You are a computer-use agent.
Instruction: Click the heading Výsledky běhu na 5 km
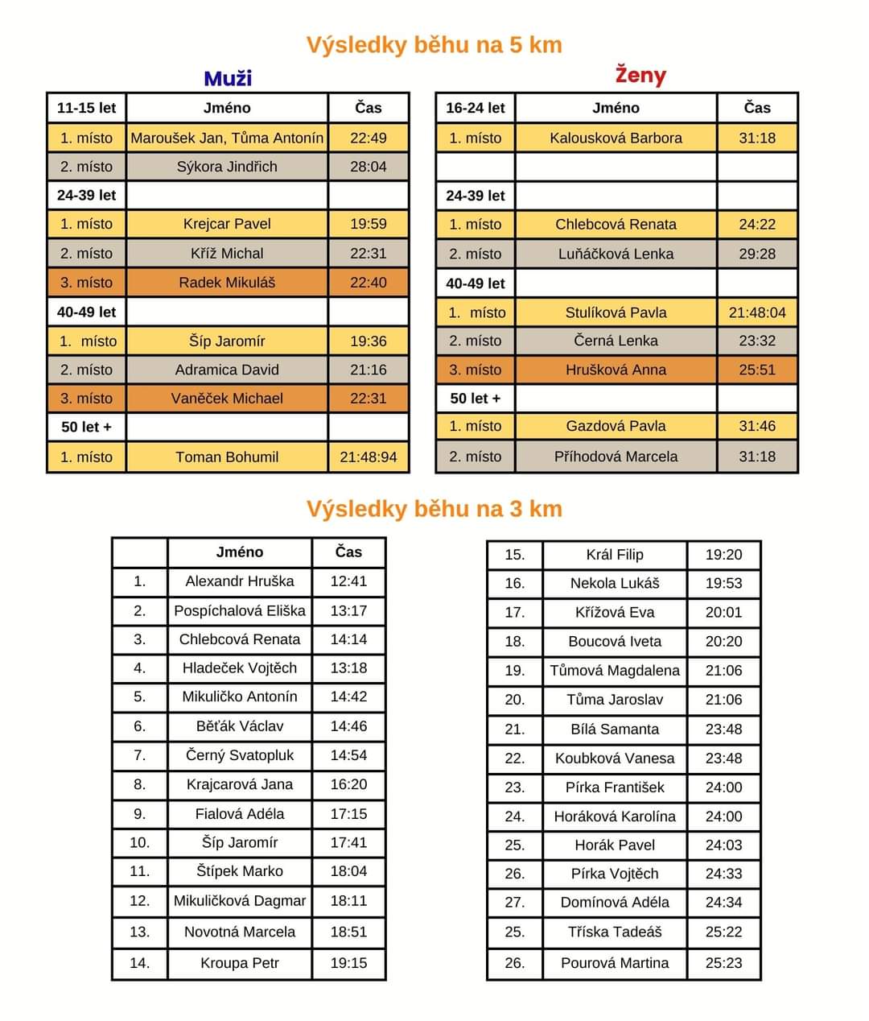[434, 44]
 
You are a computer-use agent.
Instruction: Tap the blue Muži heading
[228, 78]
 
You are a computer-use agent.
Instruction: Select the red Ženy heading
[640, 75]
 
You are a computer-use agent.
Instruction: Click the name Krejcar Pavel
[227, 224]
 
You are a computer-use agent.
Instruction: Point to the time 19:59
[368, 224]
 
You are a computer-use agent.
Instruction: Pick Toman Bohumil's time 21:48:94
[368, 457]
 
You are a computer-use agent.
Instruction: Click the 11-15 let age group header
[86, 108]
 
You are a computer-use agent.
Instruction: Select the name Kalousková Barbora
[616, 138]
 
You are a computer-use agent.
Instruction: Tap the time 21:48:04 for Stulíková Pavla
[756, 312]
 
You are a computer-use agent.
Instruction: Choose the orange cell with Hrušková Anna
[616, 370]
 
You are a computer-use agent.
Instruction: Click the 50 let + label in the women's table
[475, 398]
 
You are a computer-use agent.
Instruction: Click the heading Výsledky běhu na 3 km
[434, 509]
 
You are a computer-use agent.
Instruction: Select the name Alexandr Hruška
[239, 581]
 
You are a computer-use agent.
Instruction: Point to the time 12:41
[348, 581]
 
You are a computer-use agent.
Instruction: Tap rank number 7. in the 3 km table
[139, 755]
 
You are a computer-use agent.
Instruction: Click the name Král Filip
[615, 554]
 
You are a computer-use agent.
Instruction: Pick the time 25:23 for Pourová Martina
[723, 962]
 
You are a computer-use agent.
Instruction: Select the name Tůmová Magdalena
[615, 670]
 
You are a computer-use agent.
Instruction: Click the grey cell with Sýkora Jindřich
[227, 167]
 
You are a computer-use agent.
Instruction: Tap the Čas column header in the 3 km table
[348, 552]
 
